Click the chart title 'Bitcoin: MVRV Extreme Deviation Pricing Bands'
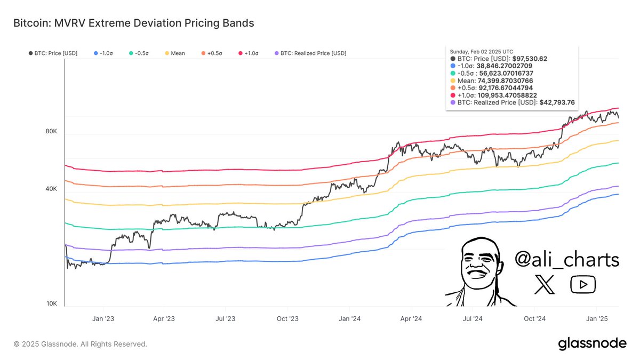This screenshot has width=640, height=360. (x=133, y=23)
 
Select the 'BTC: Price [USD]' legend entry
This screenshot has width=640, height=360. (x=53, y=53)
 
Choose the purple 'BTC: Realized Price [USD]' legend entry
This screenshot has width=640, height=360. (x=309, y=53)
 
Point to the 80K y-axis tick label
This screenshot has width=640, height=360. (x=51, y=131)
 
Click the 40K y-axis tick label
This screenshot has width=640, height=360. (x=51, y=189)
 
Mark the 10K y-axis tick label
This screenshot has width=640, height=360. (x=51, y=303)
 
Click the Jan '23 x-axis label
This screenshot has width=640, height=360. (x=102, y=318)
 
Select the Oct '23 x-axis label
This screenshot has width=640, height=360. (x=287, y=318)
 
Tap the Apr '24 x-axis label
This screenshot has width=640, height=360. (x=411, y=318)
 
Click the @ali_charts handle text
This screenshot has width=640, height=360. (x=566, y=260)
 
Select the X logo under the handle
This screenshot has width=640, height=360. (x=545, y=285)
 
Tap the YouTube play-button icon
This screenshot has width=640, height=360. (x=583, y=285)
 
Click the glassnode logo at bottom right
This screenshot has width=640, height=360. (x=592, y=344)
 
